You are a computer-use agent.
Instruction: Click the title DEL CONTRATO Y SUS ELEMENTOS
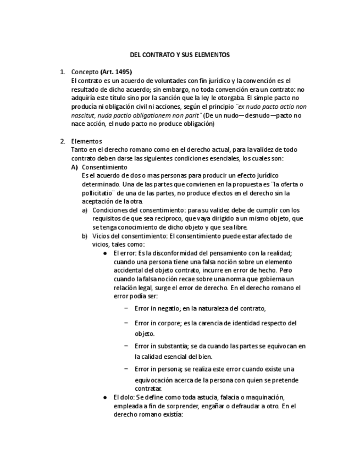179,56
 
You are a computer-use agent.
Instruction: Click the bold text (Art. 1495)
116,72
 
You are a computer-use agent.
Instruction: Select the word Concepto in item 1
85,72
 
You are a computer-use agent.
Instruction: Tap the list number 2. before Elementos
63,141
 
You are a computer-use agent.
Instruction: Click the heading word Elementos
86,141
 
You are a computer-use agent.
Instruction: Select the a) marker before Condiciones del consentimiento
85,210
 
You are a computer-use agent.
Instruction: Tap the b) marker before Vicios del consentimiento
85,236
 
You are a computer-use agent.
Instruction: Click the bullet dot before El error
105,253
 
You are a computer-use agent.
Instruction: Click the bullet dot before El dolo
105,397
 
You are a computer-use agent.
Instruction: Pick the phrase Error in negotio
157,308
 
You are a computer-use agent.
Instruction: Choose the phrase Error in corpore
157,323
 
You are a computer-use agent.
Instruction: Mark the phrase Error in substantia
160,346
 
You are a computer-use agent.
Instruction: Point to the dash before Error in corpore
126,323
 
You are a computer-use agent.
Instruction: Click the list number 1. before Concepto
63,72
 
